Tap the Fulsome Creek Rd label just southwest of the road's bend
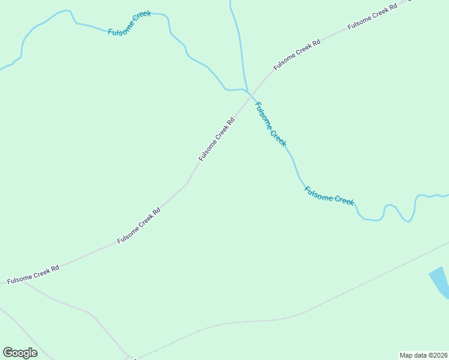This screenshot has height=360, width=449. [139, 226]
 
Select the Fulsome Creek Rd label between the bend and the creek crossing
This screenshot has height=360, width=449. [216, 139]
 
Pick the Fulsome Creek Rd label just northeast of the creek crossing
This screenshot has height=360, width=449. [297, 55]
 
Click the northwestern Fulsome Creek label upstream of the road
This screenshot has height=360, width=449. [129, 23]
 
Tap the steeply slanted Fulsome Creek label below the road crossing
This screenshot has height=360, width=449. [271, 124]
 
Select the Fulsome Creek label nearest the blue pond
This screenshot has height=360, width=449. [329, 196]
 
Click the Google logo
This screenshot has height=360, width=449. [20, 353]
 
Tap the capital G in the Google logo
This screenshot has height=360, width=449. [7, 352]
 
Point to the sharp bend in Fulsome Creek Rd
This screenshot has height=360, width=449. [187, 184]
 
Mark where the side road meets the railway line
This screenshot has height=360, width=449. [128, 357]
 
